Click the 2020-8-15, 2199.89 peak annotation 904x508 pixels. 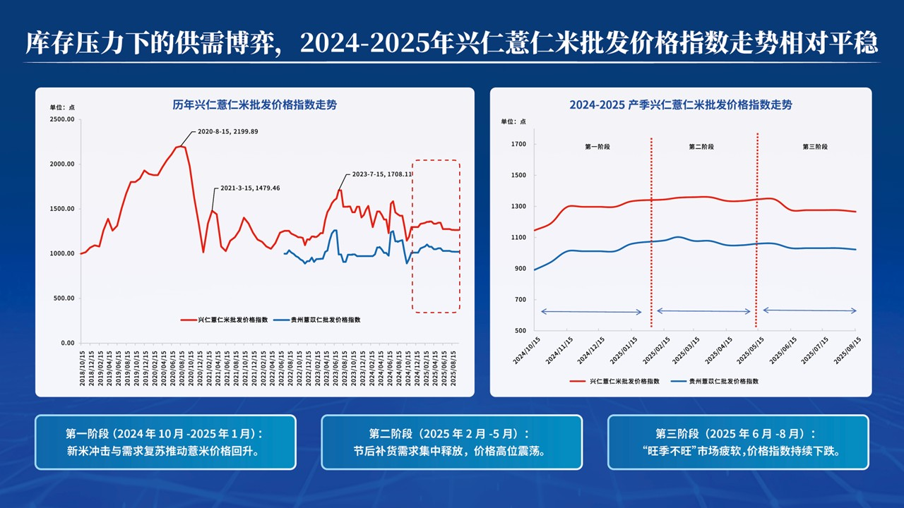coord(227,132)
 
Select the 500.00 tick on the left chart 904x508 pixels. coord(64,298)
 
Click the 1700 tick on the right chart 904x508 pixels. coord(519,145)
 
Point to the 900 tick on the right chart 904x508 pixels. coord(521,269)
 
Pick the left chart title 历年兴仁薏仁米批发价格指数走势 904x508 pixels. coord(255,105)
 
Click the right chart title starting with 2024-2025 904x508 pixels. coord(680,105)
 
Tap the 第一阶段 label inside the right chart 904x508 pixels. coord(597,147)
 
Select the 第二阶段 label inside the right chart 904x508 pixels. coord(701,147)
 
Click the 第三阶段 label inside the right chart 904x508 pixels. coord(815,147)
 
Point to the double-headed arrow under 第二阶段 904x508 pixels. coord(703,311)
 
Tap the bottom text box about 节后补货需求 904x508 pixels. coord(451,442)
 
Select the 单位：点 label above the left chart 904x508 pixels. coord(62,107)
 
